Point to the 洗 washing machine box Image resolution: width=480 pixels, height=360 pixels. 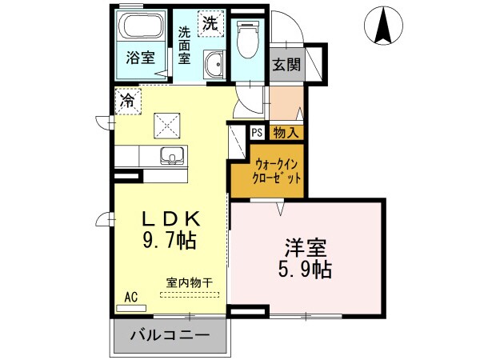pyautogui.click(x=209, y=23)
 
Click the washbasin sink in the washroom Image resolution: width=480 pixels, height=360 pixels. pyautogui.click(x=213, y=65)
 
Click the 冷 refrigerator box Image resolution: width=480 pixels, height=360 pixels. pyautogui.click(x=127, y=101)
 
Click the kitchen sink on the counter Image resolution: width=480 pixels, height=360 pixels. pyautogui.click(x=170, y=155)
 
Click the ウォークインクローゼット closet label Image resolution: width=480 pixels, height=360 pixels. pyautogui.click(x=276, y=172)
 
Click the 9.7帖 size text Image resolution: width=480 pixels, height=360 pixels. pyautogui.click(x=170, y=240)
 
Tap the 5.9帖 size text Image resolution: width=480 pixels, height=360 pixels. pyautogui.click(x=306, y=270)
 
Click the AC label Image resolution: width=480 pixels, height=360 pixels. pyautogui.click(x=131, y=297)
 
